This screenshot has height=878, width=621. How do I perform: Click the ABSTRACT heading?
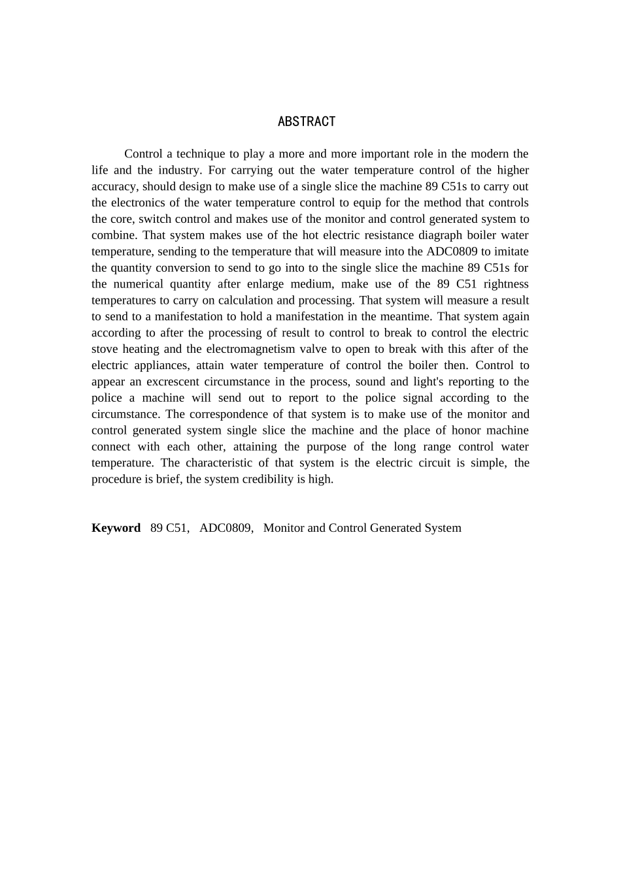coord(307,122)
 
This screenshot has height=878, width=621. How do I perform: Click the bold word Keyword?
coord(116,528)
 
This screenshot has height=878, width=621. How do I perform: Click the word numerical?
coord(139,284)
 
